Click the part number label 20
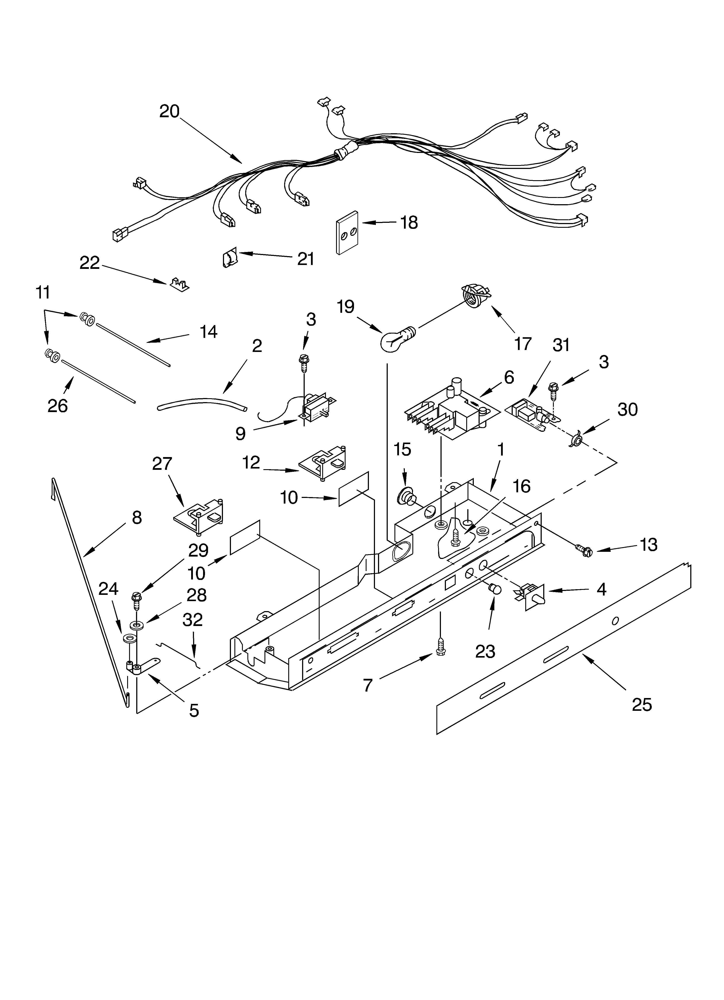pos(169,111)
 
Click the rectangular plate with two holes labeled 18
pos(347,232)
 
